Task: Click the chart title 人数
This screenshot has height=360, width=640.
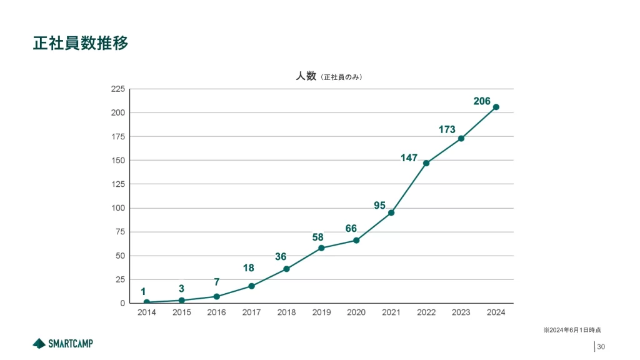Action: coord(306,76)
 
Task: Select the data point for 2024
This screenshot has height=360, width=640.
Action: coord(496,107)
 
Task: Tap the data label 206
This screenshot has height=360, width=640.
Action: coord(482,100)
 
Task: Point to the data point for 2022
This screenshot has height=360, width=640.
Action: coord(426,163)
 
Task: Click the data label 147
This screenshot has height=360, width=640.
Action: coord(409,158)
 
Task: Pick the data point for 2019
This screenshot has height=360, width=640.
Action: coord(321,248)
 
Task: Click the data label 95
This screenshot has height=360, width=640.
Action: coord(380,205)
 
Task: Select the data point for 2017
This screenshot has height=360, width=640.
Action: coord(251,286)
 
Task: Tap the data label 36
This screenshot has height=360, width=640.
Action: coord(281,256)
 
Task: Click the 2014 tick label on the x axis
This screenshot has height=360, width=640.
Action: coord(146,312)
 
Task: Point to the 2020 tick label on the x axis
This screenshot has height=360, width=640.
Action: coord(356,312)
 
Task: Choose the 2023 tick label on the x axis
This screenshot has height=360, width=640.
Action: coord(461,312)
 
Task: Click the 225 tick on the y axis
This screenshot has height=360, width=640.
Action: coord(117,89)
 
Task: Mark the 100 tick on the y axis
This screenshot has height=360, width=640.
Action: coord(117,208)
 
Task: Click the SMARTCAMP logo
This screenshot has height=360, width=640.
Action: coord(62,343)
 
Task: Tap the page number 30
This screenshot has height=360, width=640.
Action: coord(601,347)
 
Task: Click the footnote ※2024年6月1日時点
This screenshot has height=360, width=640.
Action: coord(572,329)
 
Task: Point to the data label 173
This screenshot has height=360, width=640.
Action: coord(447,129)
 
